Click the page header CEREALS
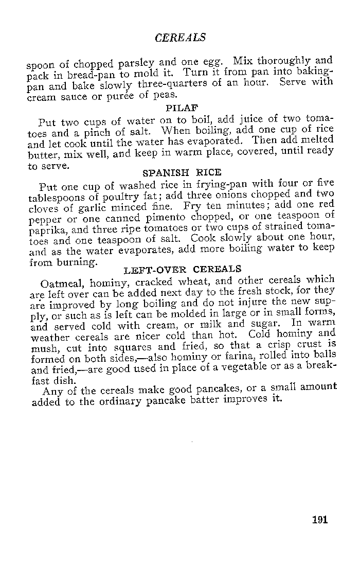pos(180,38)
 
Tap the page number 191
pos(319,519)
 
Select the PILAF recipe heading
pos(182,108)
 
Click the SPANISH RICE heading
pos(181,172)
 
